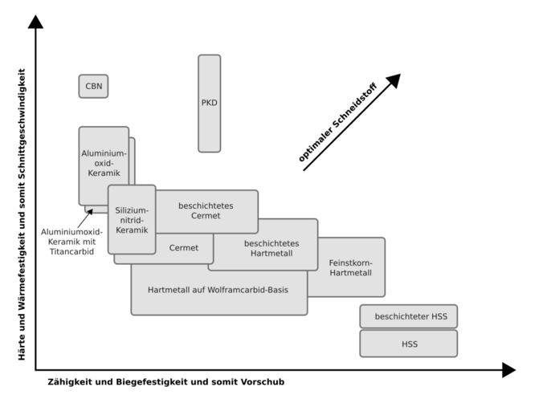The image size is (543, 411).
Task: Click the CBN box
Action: [93, 86]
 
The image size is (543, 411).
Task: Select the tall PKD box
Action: [209, 103]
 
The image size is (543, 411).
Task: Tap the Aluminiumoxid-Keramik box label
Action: [104, 163]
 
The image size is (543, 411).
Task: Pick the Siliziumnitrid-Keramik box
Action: [132, 220]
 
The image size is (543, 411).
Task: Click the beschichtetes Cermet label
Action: [206, 210]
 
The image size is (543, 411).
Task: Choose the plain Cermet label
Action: [184, 248]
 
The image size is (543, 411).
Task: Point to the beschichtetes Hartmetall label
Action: [271, 248]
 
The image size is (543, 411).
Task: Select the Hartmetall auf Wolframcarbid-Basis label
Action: [218, 289]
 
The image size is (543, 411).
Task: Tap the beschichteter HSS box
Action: [408, 316]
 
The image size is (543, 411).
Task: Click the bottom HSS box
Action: [408, 344]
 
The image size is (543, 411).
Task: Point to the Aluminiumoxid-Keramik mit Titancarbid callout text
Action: [71, 242]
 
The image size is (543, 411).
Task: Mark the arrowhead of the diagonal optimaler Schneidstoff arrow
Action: [393, 80]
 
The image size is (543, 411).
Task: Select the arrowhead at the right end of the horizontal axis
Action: [508, 370]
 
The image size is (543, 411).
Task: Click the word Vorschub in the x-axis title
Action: [264, 382]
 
